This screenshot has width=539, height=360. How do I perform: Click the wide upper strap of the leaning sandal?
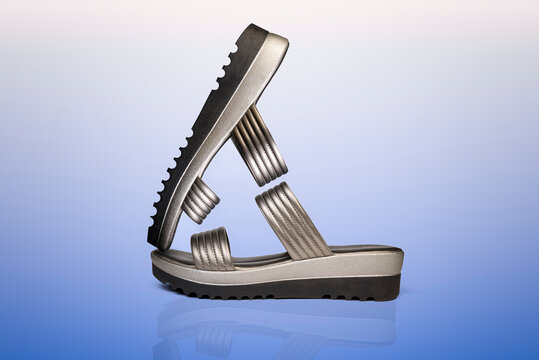pyautogui.click(x=259, y=145)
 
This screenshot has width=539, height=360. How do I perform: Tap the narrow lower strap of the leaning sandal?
pyautogui.click(x=200, y=200)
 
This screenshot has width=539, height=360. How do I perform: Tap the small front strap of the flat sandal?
pyautogui.click(x=212, y=249)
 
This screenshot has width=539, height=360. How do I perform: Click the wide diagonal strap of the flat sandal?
pyautogui.click(x=292, y=221)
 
